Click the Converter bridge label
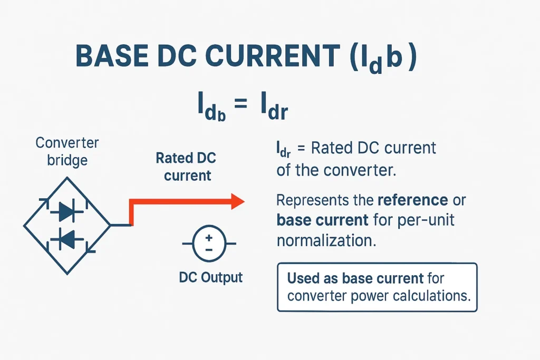coord(67,151)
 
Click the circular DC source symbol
coord(209,244)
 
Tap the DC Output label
coord(210,277)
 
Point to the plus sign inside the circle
coord(209,238)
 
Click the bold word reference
coord(413,201)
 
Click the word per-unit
coord(427,220)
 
